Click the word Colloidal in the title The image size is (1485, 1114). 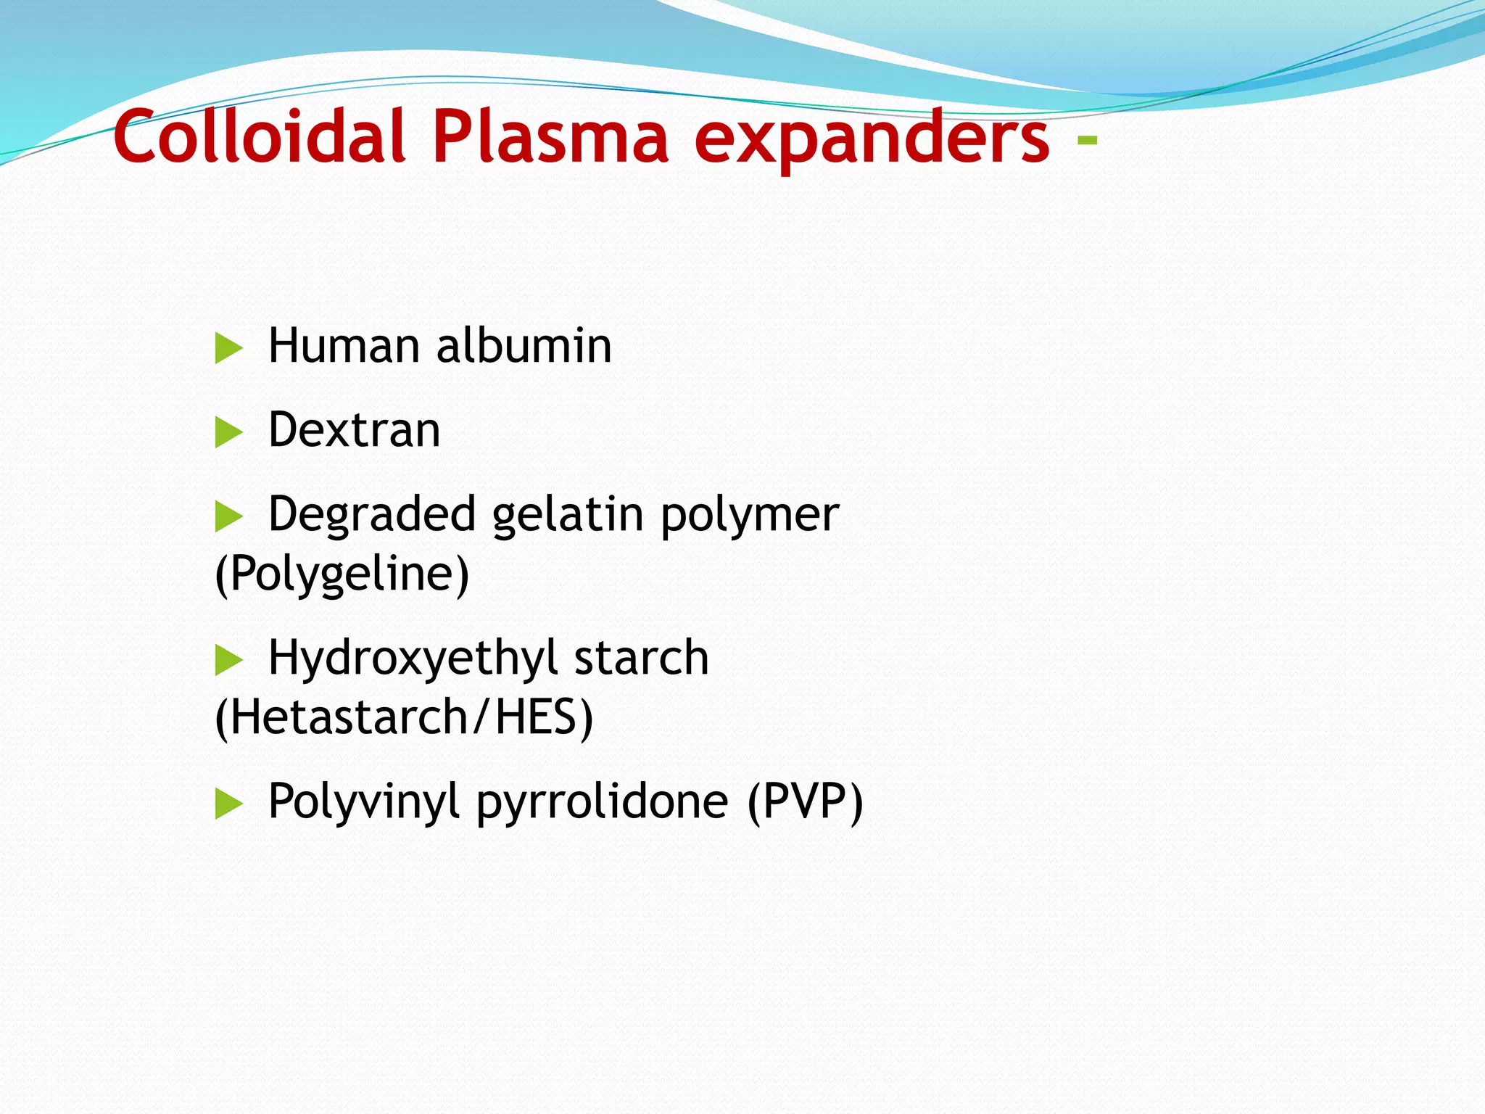point(258,137)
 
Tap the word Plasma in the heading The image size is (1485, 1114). point(550,137)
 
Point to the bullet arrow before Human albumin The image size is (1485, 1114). point(228,349)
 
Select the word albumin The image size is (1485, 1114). point(524,346)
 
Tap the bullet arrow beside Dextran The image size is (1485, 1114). point(228,433)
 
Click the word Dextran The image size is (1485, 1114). point(354,430)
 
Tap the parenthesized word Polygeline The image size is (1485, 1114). point(342,574)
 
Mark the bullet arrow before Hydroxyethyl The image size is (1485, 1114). point(228,660)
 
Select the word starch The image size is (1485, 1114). point(641,658)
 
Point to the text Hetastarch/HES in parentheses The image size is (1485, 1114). point(405,717)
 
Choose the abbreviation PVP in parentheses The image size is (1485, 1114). point(804,801)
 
